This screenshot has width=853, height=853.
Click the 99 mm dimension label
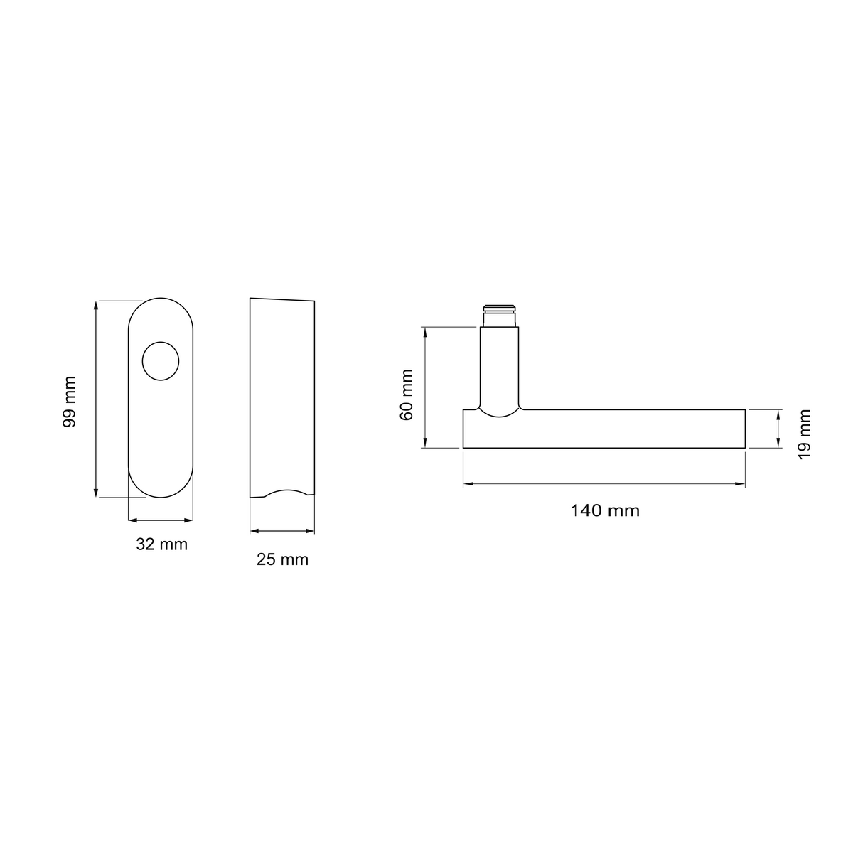pyautogui.click(x=70, y=402)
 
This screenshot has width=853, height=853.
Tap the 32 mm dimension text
pyautogui.click(x=161, y=544)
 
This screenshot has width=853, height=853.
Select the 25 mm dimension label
pyautogui.click(x=282, y=559)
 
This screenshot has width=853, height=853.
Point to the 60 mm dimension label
pyautogui.click(x=407, y=395)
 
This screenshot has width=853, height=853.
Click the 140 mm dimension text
pyautogui.click(x=605, y=510)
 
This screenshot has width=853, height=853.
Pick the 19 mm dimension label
pyautogui.click(x=804, y=435)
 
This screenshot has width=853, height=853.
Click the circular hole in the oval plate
pyautogui.click(x=161, y=361)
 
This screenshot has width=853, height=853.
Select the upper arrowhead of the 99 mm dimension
pyautogui.click(x=96, y=306)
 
